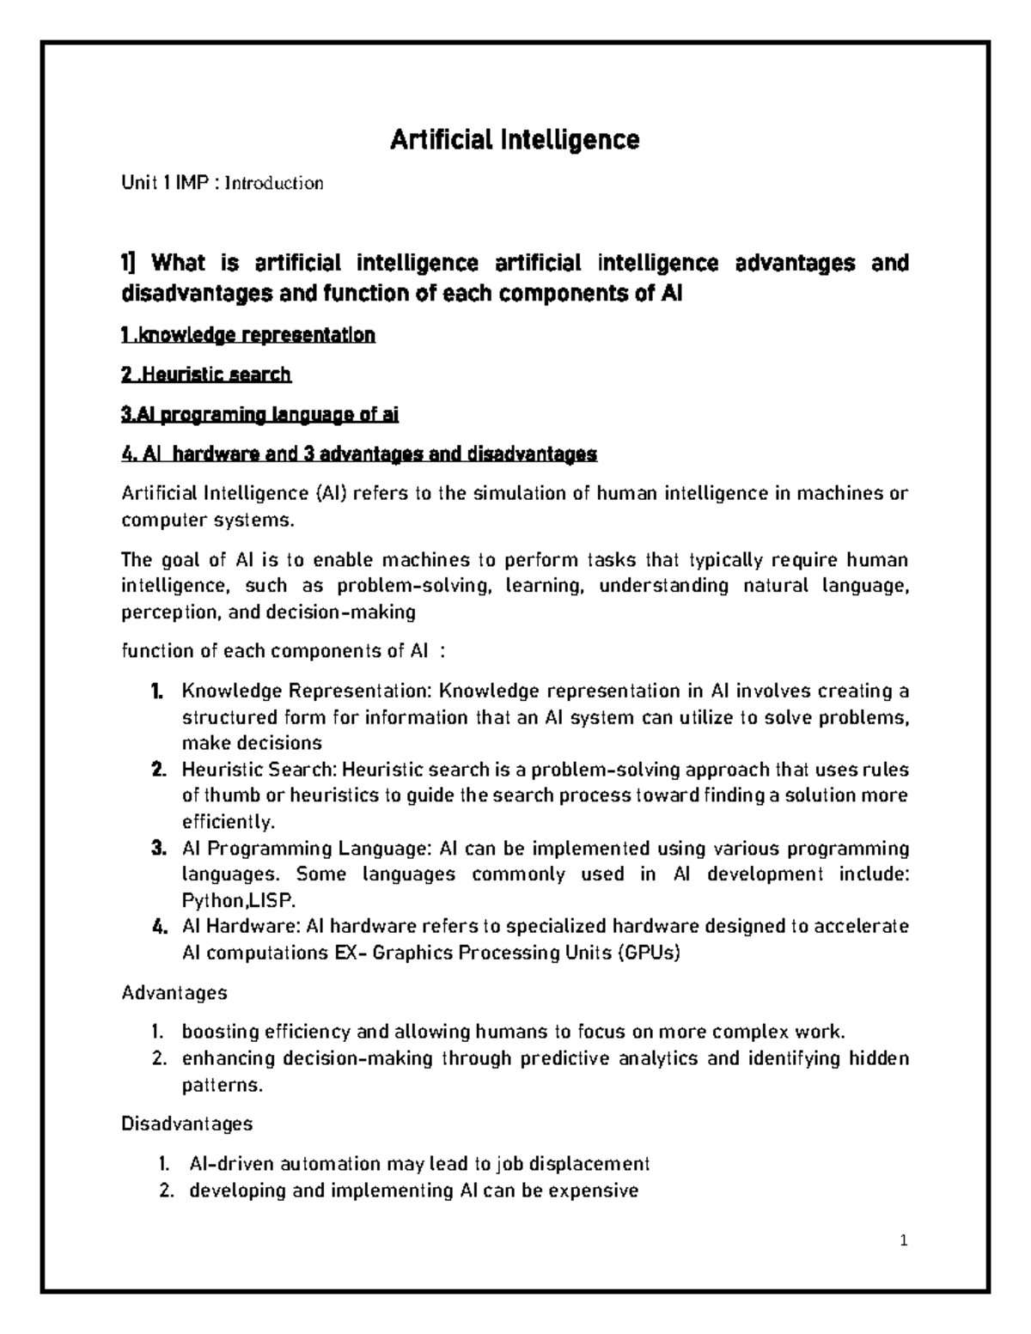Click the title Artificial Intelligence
515,139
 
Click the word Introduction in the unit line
274,183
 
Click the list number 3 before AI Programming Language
156,849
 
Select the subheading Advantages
174,994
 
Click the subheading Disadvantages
187,1124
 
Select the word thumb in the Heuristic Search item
228,795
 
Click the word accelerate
861,928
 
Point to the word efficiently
229,823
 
